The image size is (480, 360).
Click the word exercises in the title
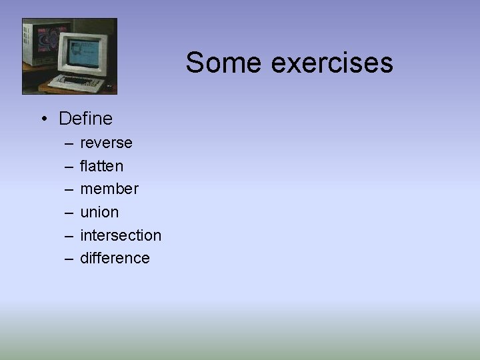(x=332, y=63)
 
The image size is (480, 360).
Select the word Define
(x=85, y=119)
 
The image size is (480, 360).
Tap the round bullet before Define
(x=42, y=119)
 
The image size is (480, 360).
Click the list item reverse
(x=106, y=143)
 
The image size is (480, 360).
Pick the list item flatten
(x=101, y=165)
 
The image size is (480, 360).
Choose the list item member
(x=109, y=189)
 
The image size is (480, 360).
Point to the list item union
(x=99, y=212)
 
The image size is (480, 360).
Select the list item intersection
(x=121, y=235)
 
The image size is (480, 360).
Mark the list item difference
(x=115, y=258)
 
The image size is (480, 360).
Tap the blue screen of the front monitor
(x=83, y=54)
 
